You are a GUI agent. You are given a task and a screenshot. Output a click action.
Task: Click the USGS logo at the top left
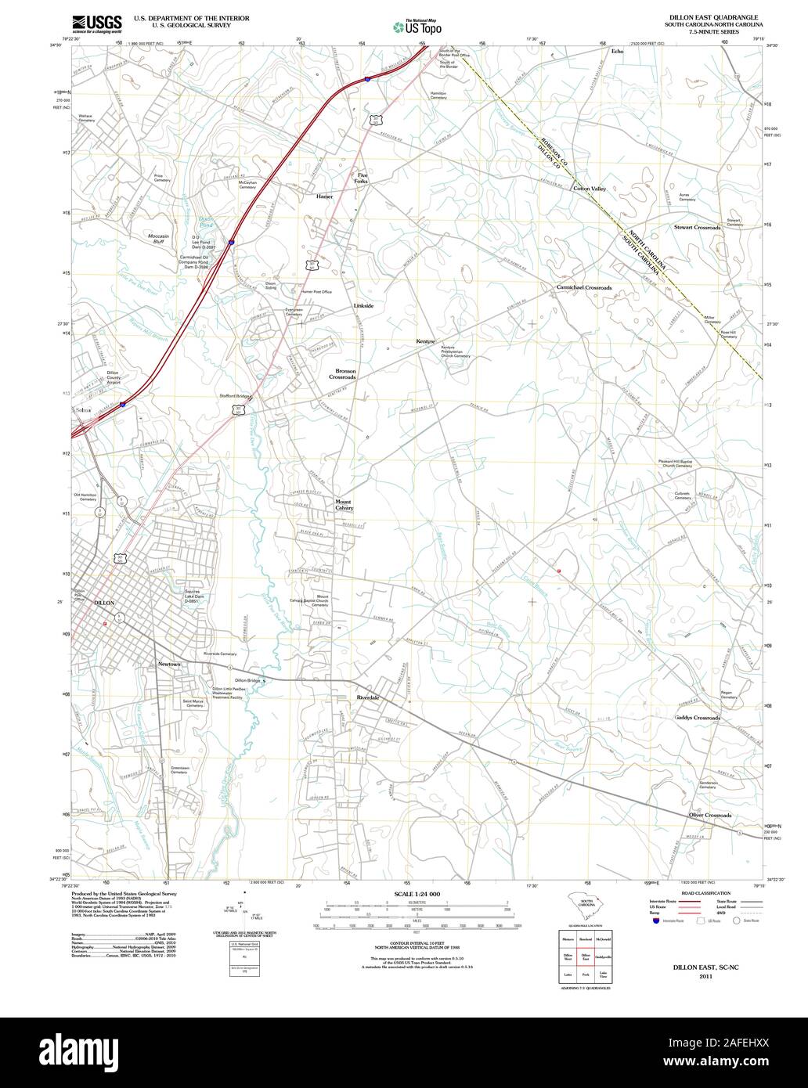coord(96,24)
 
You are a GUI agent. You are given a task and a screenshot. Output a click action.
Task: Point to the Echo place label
coord(617,51)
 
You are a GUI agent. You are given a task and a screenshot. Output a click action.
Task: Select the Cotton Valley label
coord(590,189)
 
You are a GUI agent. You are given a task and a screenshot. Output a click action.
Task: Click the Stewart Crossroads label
coord(697,227)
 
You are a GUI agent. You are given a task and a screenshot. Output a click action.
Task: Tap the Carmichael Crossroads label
coord(584,288)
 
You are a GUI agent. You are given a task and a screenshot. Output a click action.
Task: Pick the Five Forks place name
coord(362,178)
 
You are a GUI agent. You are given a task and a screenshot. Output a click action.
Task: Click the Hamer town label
coord(324,196)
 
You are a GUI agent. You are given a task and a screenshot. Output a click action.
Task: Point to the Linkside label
coord(363,305)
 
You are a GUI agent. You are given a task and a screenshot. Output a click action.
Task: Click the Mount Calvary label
coord(344,505)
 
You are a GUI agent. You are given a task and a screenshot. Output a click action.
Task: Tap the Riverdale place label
coord(367,697)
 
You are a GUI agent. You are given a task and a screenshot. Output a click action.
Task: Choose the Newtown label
coord(169,665)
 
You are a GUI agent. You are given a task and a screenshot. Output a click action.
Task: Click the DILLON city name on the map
coord(103,603)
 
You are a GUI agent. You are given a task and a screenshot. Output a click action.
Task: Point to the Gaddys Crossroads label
coord(697,718)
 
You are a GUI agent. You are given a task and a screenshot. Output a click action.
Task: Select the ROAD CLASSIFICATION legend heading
coord(706,893)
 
